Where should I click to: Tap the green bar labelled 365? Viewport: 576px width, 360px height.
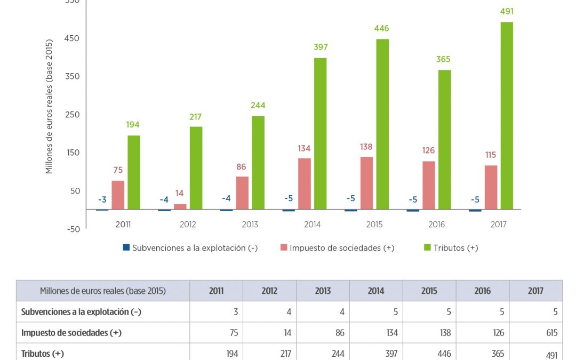tap(444, 140)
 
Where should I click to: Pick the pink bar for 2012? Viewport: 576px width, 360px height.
tap(180, 206)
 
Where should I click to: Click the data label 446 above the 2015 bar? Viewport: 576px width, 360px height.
tap(381, 28)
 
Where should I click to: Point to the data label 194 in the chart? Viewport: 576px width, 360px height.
tap(133, 125)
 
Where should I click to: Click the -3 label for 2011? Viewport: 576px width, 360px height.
tap(102, 200)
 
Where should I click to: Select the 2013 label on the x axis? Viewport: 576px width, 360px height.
tap(250, 225)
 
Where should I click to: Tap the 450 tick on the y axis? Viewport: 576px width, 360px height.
tap(73, 38)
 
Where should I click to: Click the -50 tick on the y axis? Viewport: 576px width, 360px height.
tap(73, 229)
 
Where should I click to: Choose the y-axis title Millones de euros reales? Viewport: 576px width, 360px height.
tap(50, 107)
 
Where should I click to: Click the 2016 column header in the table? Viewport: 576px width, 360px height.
tap(482, 291)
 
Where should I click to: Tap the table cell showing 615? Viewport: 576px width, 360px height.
tap(551, 333)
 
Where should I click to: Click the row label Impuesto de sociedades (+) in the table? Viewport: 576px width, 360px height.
tap(71, 333)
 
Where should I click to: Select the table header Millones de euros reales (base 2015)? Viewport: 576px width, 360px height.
tap(103, 291)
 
